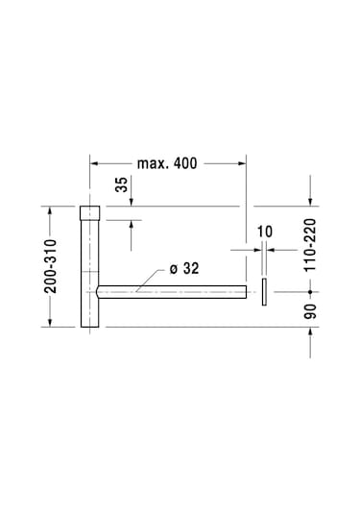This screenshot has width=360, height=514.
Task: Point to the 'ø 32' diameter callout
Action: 183,269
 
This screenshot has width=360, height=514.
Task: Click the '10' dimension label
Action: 265,232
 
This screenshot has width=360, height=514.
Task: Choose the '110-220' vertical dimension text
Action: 310,246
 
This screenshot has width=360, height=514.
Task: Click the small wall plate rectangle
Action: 261,291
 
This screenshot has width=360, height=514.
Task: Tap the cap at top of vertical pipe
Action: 89,212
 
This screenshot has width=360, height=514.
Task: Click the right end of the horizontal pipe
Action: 246,291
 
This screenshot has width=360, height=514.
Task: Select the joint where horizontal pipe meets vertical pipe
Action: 98,291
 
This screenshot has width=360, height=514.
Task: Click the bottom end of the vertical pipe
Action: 89,325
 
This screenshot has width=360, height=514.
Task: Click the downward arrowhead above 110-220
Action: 310,200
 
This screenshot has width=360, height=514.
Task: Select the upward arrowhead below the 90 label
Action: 310,331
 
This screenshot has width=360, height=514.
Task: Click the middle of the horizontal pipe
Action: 173,291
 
